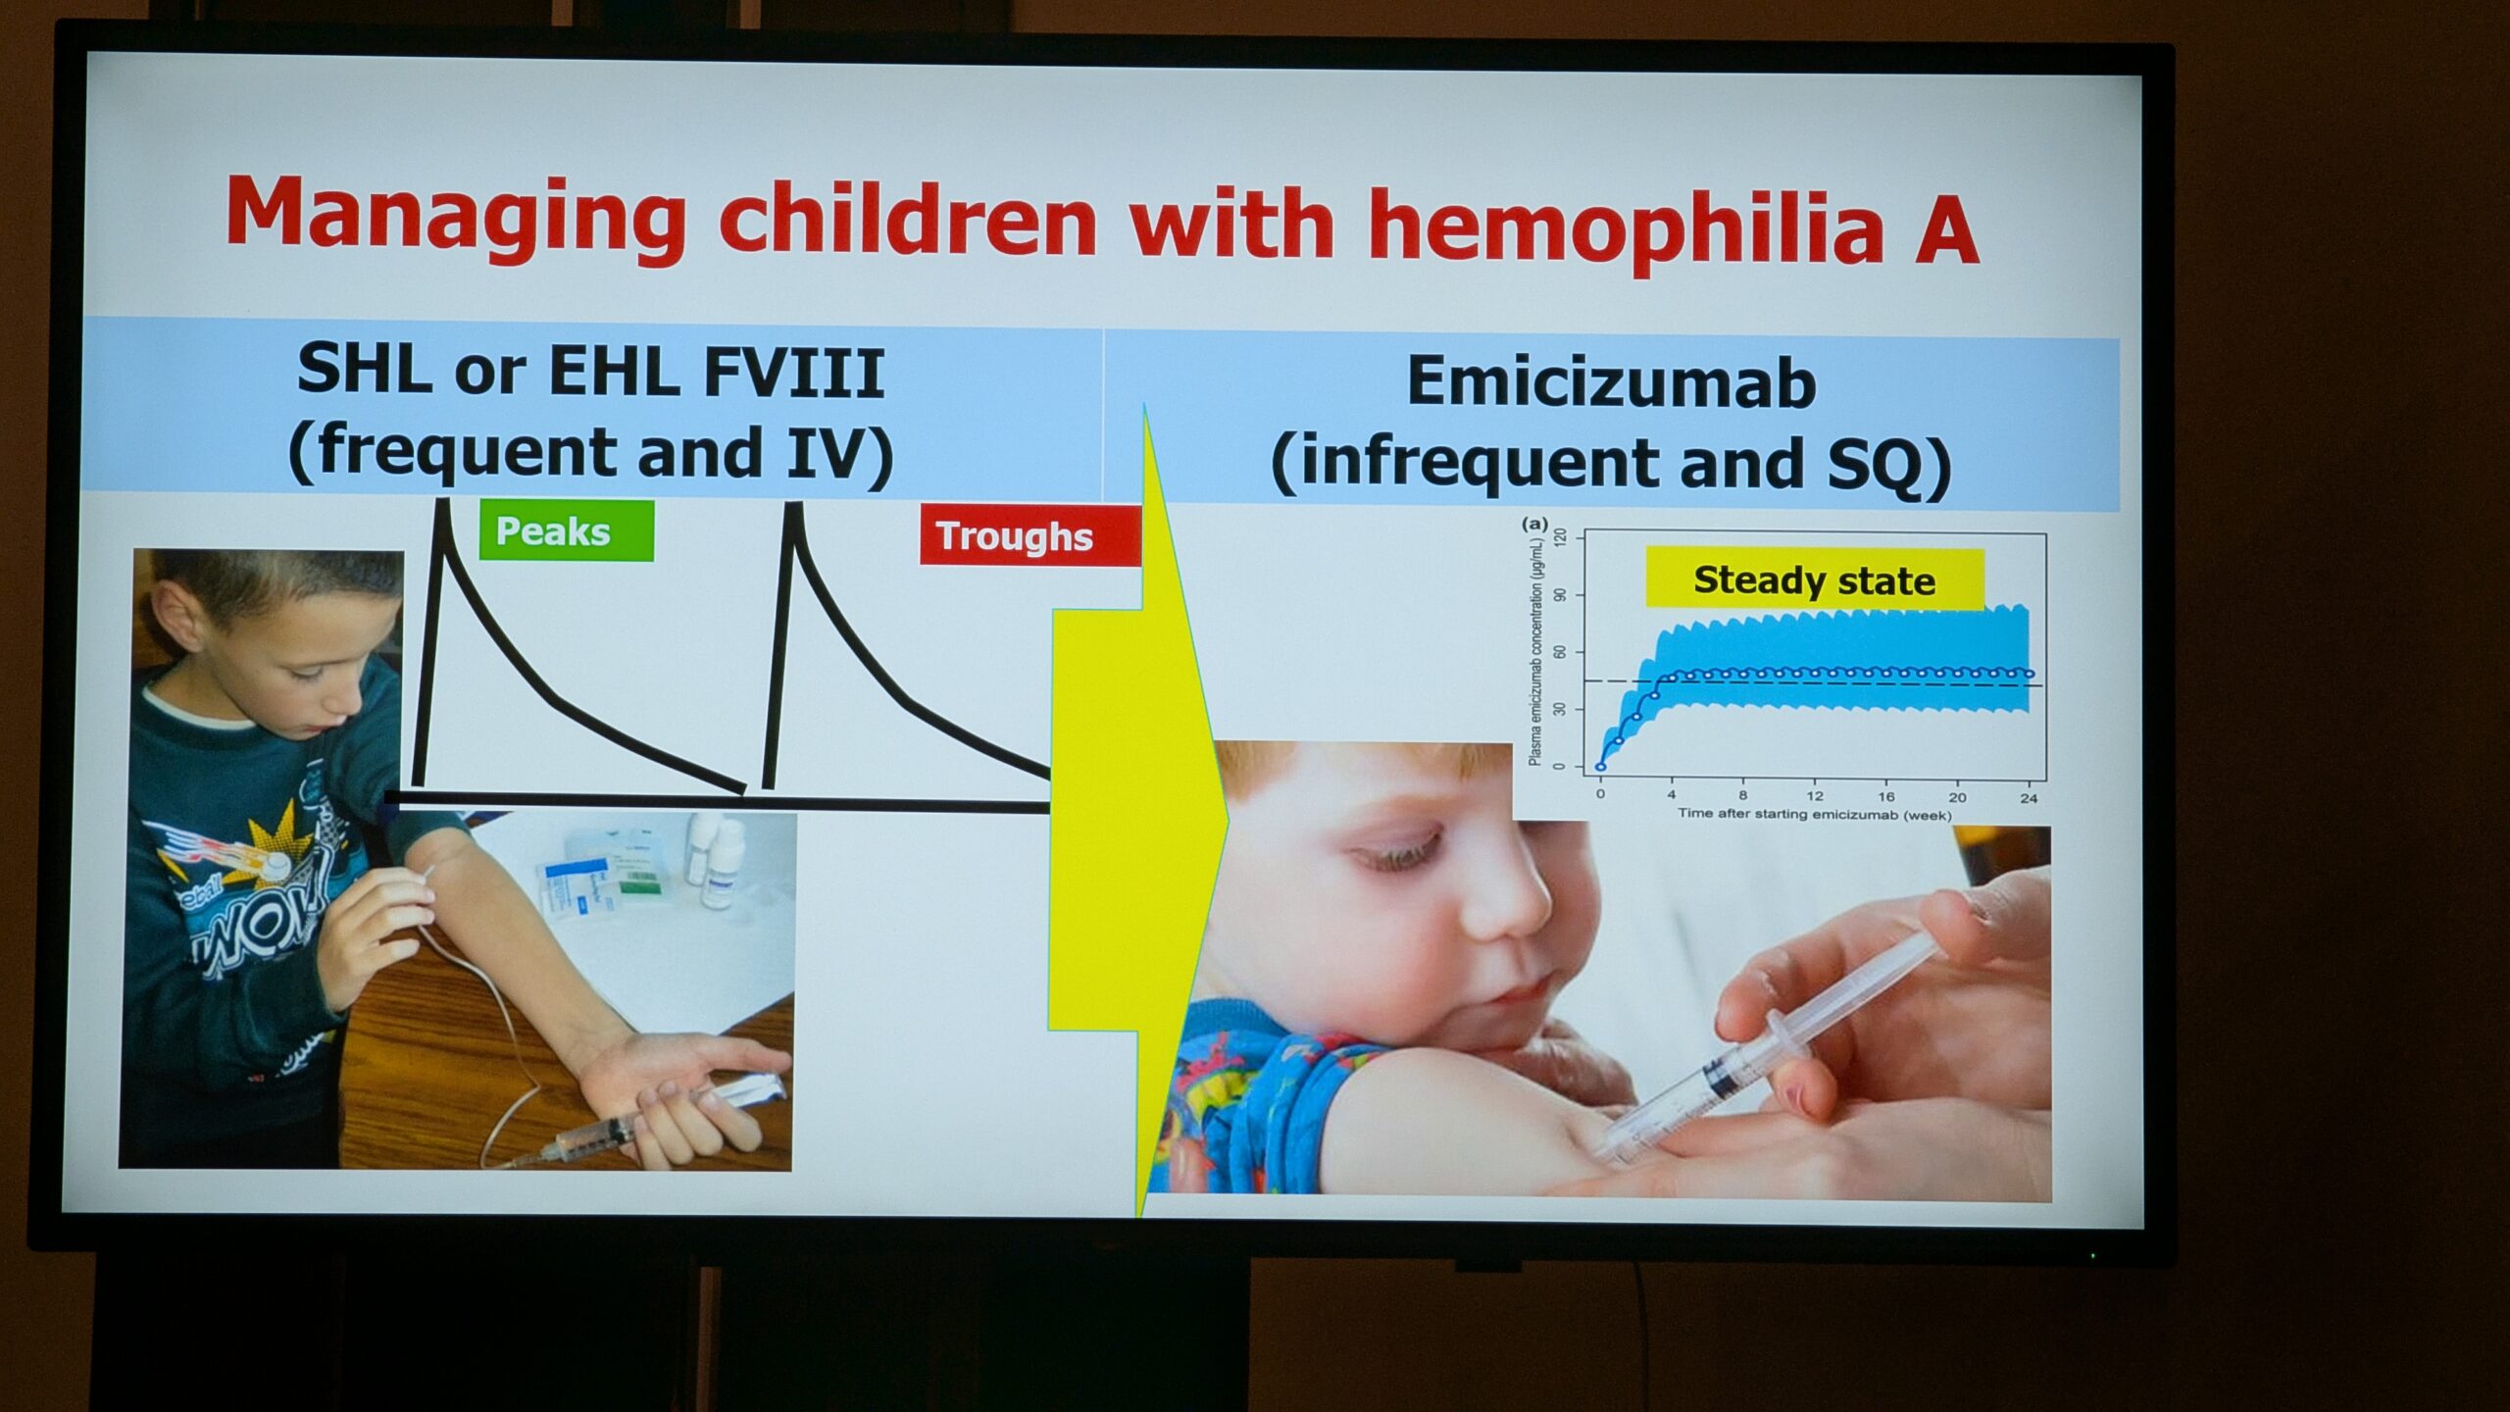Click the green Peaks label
coord(566,530)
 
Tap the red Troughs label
coord(1029,535)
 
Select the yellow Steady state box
coord(1814,580)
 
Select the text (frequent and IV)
coord(590,453)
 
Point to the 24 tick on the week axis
coord(2029,797)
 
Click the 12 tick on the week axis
coord(1815,796)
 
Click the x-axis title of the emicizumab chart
coord(1814,814)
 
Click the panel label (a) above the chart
coord(1534,524)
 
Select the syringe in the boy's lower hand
coord(627,1123)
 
